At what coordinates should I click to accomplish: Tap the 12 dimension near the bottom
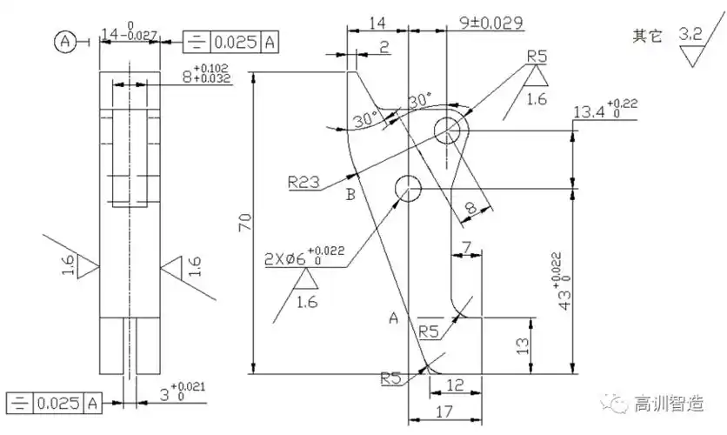click(453, 385)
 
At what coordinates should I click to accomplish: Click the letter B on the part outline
click(350, 194)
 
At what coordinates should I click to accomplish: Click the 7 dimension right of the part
click(466, 248)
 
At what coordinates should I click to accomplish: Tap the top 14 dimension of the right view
click(378, 23)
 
